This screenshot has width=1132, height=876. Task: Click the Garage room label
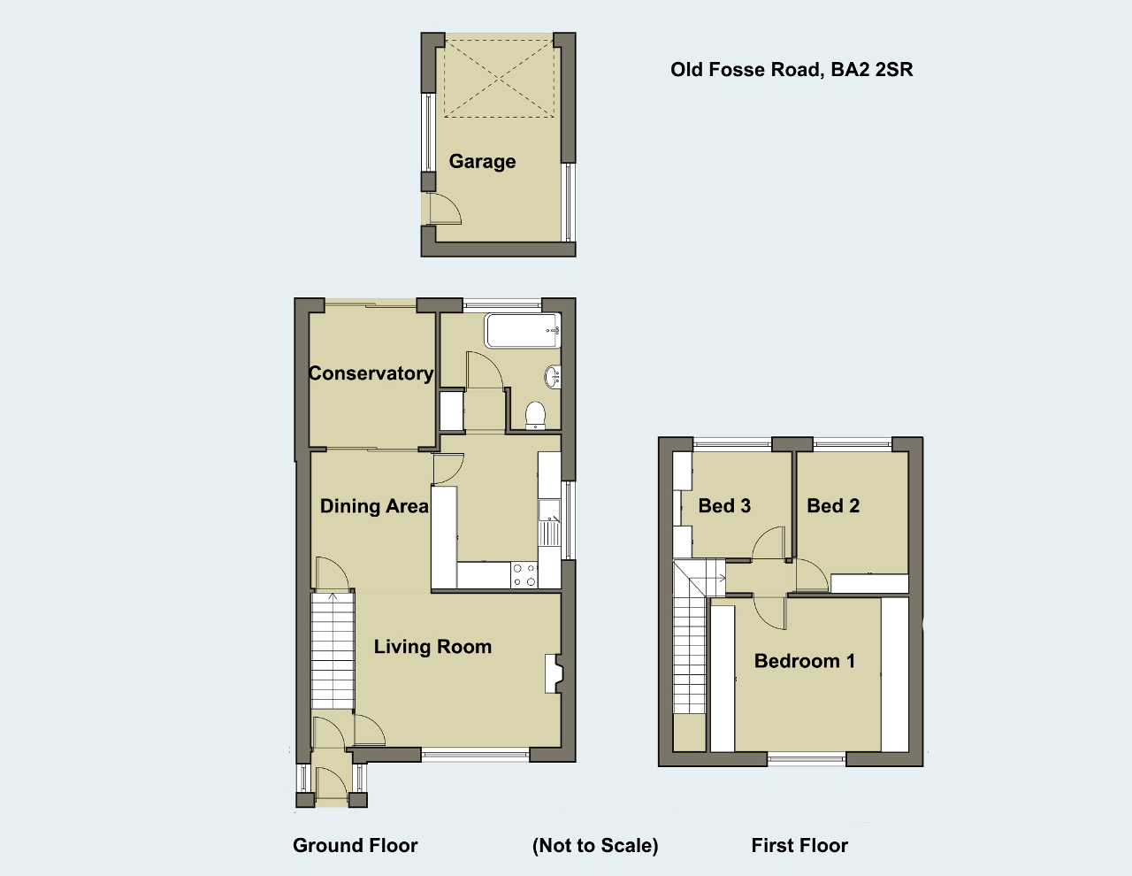482,162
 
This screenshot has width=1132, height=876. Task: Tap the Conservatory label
371,373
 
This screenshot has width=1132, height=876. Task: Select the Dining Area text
374,506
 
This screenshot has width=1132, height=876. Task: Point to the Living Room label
432,647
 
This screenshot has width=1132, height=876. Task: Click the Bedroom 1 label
805,661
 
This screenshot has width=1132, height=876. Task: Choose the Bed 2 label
833,505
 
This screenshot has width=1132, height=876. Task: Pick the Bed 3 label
724,505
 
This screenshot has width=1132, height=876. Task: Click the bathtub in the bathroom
523,330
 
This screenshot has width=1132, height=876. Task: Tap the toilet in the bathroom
535,415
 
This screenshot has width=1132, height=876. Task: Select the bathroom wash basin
553,377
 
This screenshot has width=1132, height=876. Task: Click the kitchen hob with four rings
524,575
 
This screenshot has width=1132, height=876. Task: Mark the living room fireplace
555,673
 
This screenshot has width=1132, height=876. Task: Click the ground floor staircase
333,650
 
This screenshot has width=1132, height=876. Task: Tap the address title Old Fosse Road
792,70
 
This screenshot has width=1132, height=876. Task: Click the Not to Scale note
595,845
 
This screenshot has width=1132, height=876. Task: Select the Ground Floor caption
356,845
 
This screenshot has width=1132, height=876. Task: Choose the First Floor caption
799,845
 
